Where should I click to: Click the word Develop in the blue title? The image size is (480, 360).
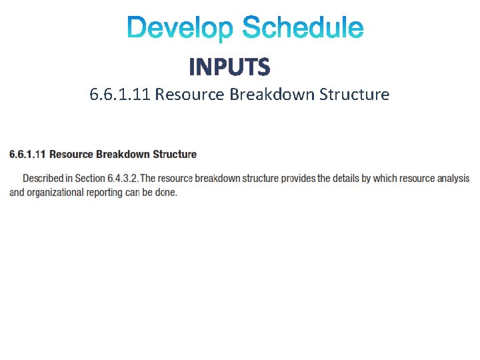coord(181,29)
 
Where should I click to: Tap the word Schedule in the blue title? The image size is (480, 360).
coord(303,29)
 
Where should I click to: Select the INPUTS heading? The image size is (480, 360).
coord(229,67)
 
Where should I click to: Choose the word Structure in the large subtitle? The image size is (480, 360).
coord(354,94)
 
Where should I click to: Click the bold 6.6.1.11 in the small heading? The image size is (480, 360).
coord(27,154)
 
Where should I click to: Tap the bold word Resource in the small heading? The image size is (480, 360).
coord(71,154)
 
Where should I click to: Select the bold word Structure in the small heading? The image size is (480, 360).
coord(175,154)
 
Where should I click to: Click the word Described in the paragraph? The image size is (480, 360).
coord(45,179)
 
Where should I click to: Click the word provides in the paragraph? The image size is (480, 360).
coord(299,179)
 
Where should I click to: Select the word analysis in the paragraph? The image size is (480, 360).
coord(453,179)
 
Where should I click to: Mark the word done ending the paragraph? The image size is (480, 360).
coord(167,193)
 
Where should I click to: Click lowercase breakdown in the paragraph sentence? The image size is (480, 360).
coord(219,179)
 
